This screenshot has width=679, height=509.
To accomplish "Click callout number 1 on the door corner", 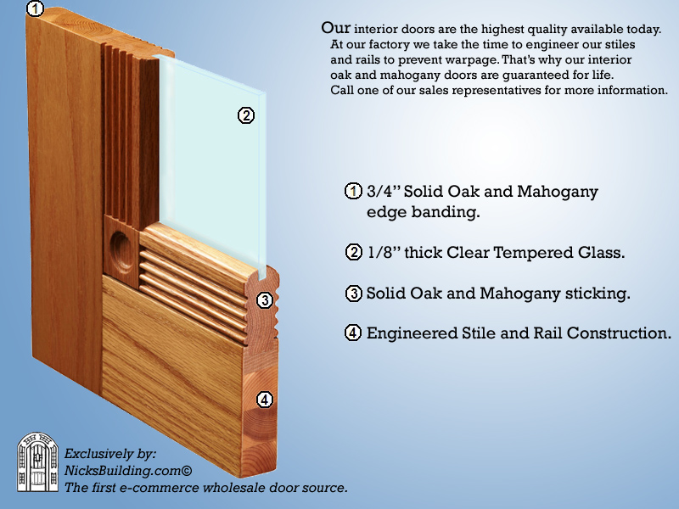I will click(34, 9).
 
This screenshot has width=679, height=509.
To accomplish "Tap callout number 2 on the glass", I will click(245, 116).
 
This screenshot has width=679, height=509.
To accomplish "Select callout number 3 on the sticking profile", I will click(264, 299).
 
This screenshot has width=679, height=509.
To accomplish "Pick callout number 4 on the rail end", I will click(265, 399).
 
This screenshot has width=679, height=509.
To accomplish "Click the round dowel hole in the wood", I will click(121, 245).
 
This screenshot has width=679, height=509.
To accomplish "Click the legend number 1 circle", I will click(353, 192).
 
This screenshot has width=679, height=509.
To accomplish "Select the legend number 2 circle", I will click(353, 252).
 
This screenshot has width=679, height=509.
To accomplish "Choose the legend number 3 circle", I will click(353, 294).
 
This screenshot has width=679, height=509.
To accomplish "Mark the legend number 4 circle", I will click(353, 333).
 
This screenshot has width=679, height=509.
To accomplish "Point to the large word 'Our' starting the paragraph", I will click(336, 28).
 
